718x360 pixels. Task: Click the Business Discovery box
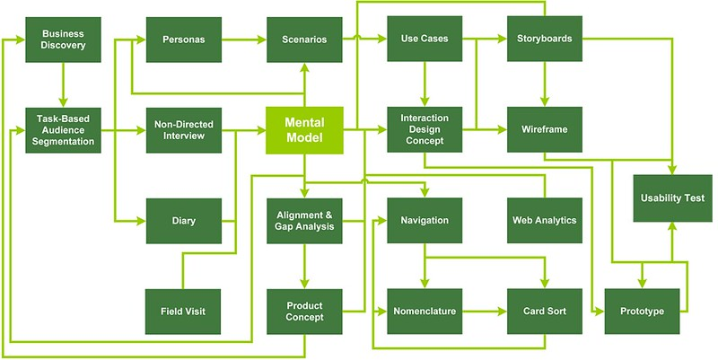63,40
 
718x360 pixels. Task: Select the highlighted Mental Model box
304,130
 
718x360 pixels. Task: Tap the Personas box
184,40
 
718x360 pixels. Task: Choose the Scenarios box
304,40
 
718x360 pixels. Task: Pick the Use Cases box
425,39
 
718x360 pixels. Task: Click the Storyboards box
545,39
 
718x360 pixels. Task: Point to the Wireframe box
545,129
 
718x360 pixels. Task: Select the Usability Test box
672,198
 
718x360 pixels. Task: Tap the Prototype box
642,312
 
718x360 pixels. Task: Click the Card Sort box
545,312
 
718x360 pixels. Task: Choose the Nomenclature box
425,312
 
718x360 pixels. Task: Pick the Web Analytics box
545,220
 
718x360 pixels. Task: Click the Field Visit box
183,312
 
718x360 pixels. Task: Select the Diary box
184,221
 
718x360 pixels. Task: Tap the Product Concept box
304,312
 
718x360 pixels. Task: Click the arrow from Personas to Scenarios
244,40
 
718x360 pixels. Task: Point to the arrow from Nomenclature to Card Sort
485,312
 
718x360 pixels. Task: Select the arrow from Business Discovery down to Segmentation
63,84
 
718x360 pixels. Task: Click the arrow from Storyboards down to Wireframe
545,84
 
